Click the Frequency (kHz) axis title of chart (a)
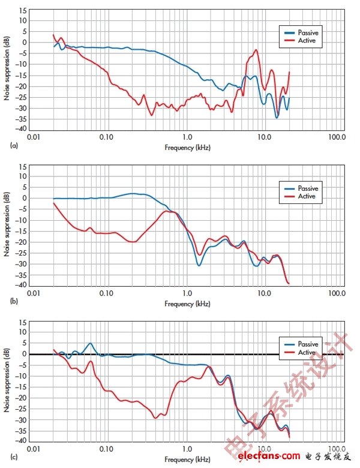[188, 146]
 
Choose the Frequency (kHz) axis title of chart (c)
[188, 460]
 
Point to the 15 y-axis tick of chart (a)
[23, 11]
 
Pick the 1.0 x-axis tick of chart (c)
[187, 449]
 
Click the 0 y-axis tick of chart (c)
[25, 354]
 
